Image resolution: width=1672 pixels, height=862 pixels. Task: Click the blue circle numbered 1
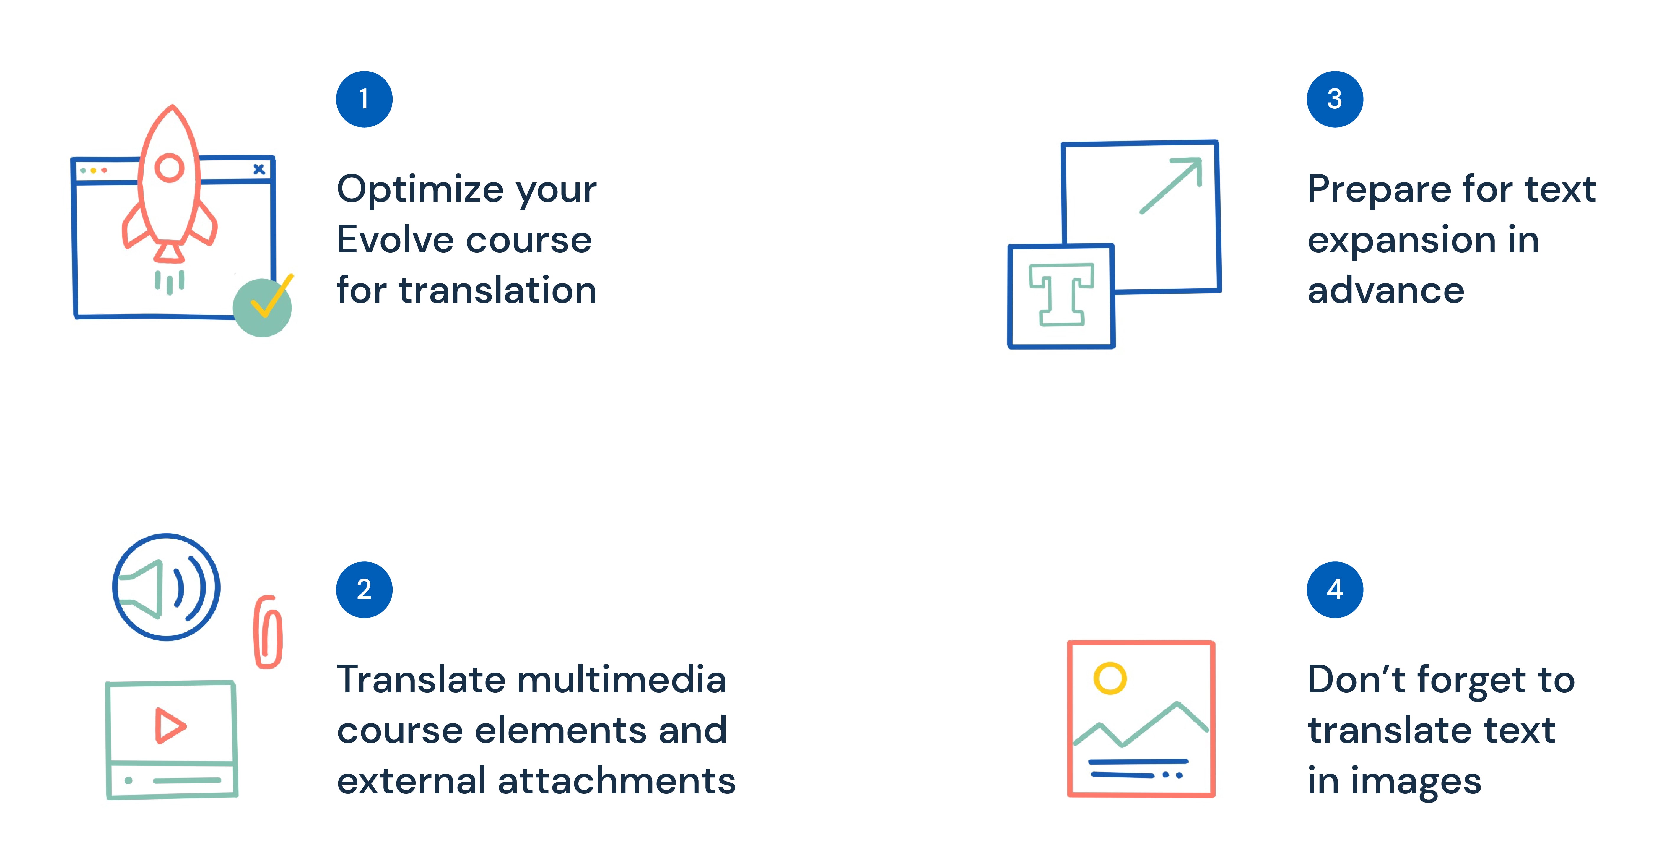[x=364, y=99]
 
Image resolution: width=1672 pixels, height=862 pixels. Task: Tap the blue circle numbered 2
[x=364, y=589]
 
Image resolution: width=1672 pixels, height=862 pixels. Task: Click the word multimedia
[x=622, y=680]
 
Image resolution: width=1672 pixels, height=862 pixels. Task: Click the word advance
[x=1386, y=291]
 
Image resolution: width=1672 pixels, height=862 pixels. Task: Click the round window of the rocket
[x=169, y=168]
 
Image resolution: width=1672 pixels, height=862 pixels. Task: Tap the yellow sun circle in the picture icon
[x=1110, y=678]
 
